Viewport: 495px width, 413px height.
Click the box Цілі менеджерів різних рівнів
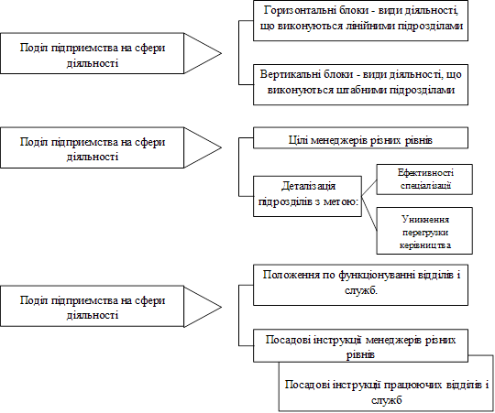point(360,137)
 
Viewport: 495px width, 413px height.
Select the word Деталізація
point(308,186)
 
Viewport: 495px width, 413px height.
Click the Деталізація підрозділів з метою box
point(307,196)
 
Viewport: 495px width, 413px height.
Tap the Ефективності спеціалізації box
point(424,179)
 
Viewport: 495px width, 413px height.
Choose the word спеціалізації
point(425,186)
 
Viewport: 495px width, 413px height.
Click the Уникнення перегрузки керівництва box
point(424,231)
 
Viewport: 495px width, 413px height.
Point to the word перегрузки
point(425,233)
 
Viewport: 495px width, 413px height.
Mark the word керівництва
point(425,245)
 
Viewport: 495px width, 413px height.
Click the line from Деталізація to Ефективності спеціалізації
point(369,188)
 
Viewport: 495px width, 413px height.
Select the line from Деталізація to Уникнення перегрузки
point(369,213)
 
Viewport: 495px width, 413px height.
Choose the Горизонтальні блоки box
point(360,20)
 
